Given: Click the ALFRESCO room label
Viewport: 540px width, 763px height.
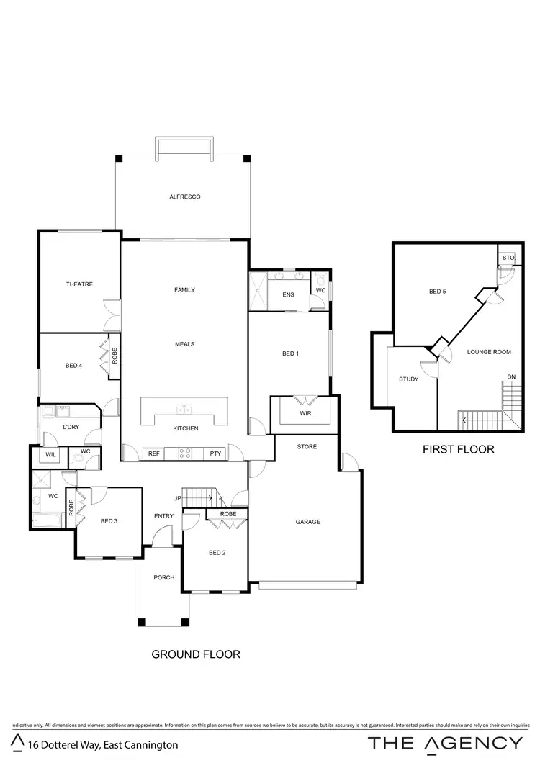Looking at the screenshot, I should click(184, 197).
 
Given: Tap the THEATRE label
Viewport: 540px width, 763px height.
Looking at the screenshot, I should click(79, 284).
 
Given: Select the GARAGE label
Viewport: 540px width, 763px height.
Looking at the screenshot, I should click(307, 522).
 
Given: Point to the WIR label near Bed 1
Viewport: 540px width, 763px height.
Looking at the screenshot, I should click(305, 414).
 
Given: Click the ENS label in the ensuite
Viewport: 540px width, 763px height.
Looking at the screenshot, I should click(288, 294).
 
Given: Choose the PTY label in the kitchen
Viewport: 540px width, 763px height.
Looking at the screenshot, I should click(215, 453).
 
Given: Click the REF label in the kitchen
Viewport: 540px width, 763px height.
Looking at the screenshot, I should click(153, 453).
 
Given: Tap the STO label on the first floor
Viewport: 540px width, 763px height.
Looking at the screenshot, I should click(507, 257).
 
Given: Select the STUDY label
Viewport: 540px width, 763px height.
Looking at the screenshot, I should click(409, 379).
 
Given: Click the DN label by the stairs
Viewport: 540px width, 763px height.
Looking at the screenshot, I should click(510, 376).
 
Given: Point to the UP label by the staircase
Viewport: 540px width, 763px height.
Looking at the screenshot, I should click(176, 498).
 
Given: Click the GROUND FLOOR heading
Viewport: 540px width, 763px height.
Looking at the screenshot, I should click(195, 654).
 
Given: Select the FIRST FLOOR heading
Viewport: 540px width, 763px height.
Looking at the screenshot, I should click(458, 449).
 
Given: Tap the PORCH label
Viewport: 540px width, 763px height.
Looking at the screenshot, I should click(164, 577).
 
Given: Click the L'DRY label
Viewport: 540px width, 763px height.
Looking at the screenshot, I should click(71, 428).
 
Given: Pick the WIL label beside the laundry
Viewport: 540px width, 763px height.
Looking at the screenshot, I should click(50, 455).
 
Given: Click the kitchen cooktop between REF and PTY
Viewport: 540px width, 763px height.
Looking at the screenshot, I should click(184, 453).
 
